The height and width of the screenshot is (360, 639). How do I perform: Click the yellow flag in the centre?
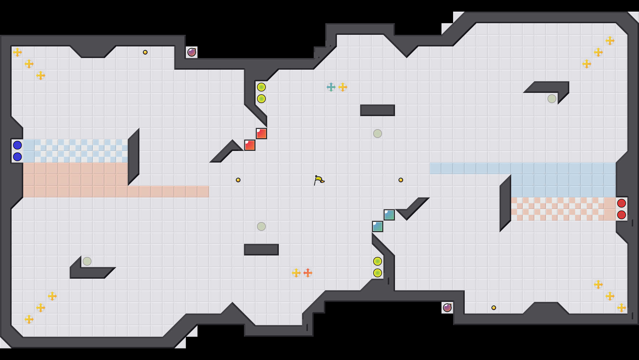319,180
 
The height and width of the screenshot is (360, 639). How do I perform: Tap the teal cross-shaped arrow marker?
331,87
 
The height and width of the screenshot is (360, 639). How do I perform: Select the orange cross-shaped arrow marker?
308,273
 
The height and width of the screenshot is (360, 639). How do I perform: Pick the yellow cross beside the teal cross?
343,87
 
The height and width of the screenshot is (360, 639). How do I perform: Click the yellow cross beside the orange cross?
296,273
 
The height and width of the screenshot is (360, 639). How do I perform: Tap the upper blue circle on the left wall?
17,145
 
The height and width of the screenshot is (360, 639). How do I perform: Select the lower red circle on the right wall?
621,215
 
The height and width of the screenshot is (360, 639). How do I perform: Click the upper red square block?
261,134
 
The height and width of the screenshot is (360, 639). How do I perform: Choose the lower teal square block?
378,226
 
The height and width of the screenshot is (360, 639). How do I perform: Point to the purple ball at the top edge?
192,52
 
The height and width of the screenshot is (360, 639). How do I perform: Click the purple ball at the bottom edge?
447,307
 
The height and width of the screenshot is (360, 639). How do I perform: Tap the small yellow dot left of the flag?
238,180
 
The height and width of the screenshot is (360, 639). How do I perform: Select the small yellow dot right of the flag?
401,180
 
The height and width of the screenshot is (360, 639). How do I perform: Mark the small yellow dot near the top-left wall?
145,52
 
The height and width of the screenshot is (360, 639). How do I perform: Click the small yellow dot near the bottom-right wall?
494,308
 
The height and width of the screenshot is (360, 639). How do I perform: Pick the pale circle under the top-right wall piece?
552,99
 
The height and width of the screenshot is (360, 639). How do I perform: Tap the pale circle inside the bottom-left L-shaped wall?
87,261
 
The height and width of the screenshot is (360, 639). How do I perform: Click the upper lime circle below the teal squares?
378,261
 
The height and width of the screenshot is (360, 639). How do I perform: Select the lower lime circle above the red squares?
261,99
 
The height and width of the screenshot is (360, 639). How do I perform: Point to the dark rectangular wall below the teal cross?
377,110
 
